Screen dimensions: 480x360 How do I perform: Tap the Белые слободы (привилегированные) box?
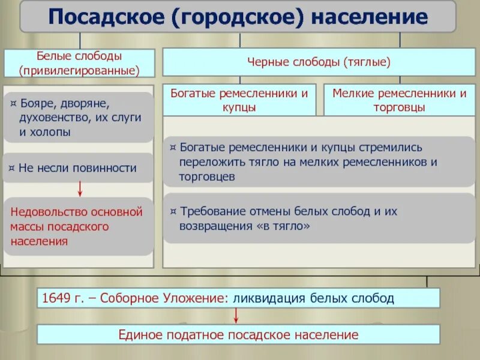[80, 63]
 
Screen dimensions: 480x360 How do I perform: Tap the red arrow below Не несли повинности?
[80, 190]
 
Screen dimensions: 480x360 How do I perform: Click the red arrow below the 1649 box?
[237, 316]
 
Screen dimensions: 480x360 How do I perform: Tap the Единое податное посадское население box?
[238, 335]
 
